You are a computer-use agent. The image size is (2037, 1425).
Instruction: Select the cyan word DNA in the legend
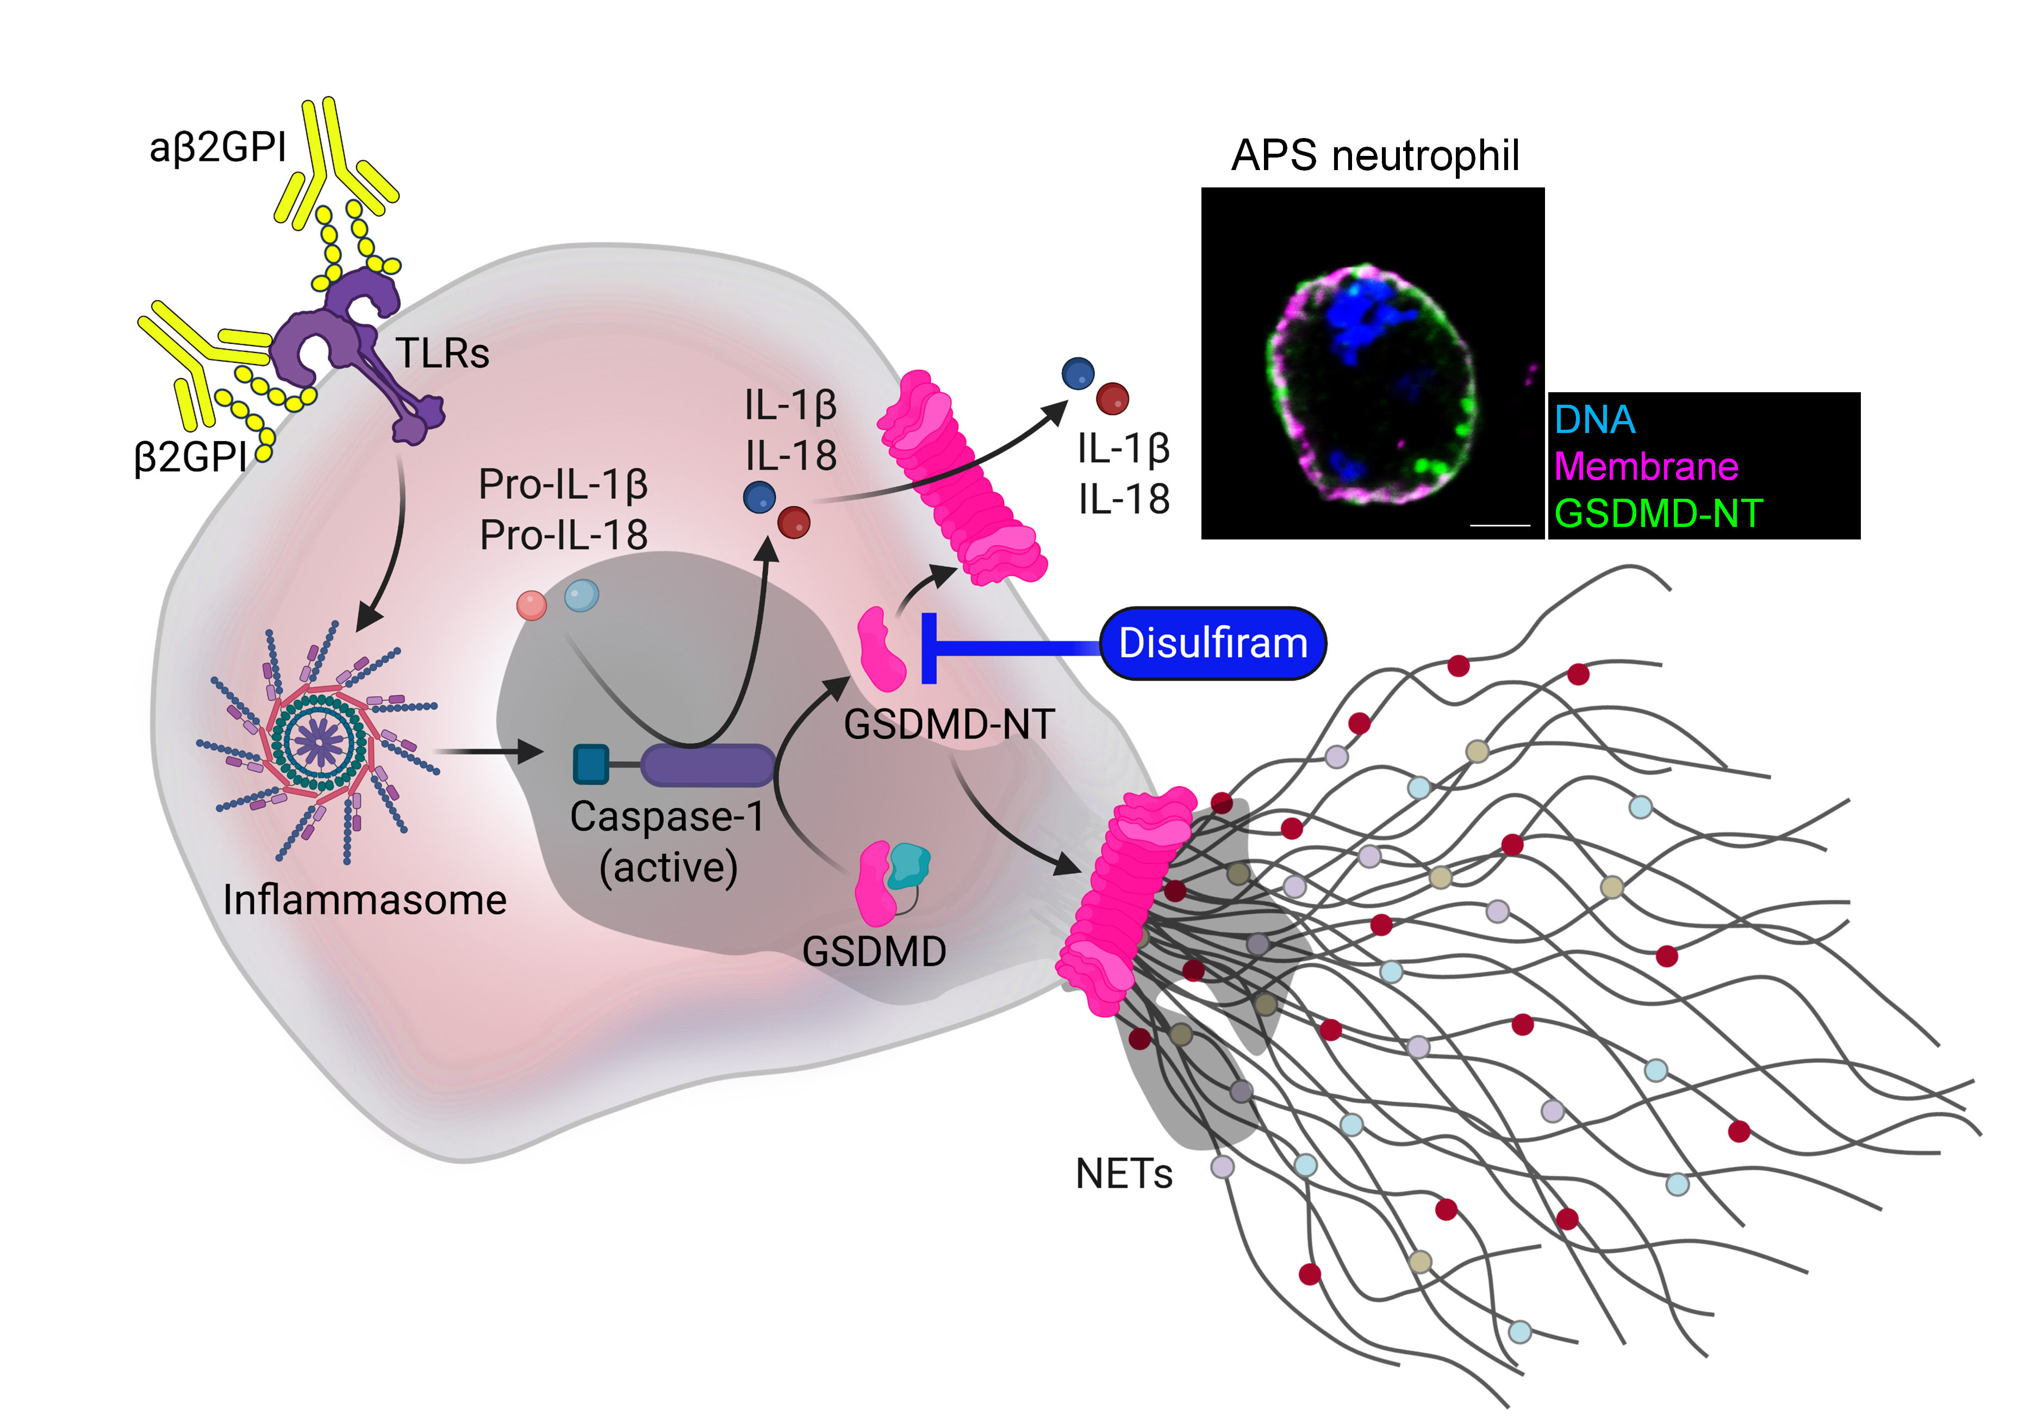click(x=1594, y=419)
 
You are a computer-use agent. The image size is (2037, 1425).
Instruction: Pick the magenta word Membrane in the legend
click(x=1646, y=467)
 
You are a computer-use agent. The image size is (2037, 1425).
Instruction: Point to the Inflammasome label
click(x=365, y=900)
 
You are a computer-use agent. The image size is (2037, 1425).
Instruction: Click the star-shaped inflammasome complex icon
click(x=317, y=742)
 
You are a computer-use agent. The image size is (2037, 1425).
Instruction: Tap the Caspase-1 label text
click(x=666, y=817)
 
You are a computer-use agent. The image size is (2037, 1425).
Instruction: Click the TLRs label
click(x=442, y=353)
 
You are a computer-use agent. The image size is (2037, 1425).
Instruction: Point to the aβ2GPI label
click(x=217, y=147)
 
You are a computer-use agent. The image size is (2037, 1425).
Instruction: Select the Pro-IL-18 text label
click(x=563, y=535)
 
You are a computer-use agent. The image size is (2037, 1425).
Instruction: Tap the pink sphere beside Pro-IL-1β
click(x=532, y=606)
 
